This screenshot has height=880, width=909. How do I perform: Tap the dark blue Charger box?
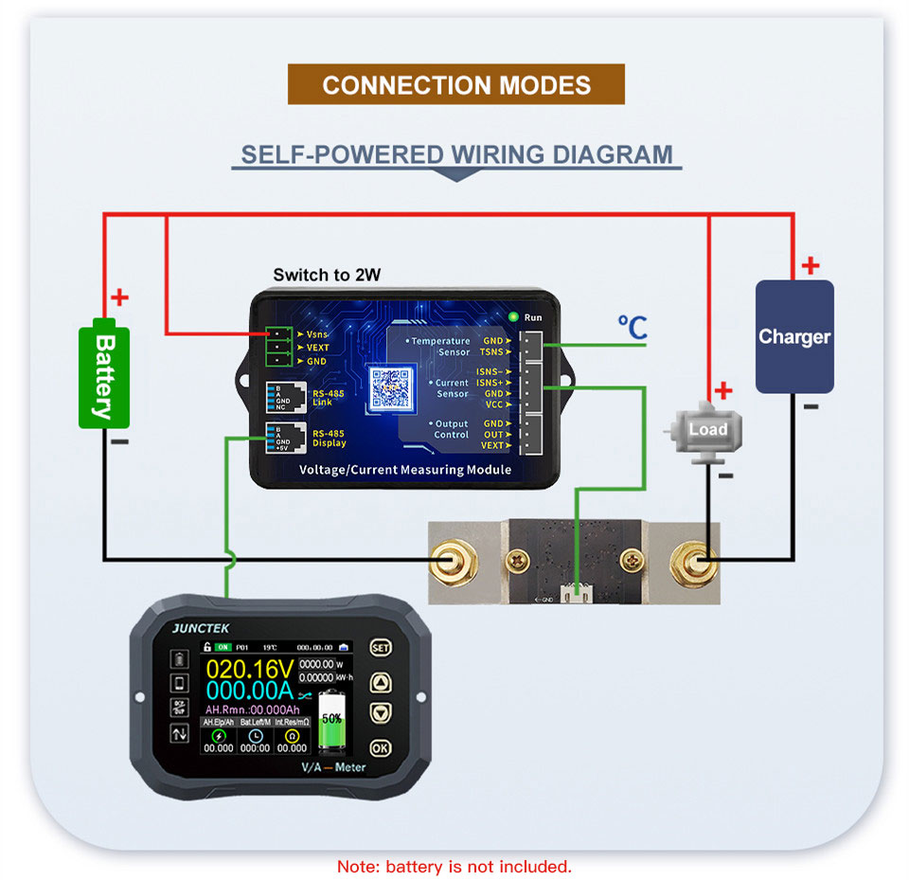point(793,336)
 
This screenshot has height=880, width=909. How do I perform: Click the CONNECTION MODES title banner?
point(455,84)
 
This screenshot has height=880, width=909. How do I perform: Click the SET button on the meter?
point(380,648)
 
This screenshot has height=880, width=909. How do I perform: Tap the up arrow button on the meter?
point(380,681)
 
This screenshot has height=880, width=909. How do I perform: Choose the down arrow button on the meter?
point(380,712)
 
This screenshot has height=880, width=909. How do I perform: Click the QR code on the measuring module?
point(389,386)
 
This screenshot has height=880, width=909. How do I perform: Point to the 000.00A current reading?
point(245,692)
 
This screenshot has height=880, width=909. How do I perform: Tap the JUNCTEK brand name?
point(201,627)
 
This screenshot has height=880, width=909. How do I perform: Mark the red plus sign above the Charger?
point(810,265)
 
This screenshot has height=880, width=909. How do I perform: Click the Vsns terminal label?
point(317,334)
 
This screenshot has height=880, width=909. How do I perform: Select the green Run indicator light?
point(513,316)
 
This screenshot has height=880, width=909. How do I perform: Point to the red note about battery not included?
point(454,866)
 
